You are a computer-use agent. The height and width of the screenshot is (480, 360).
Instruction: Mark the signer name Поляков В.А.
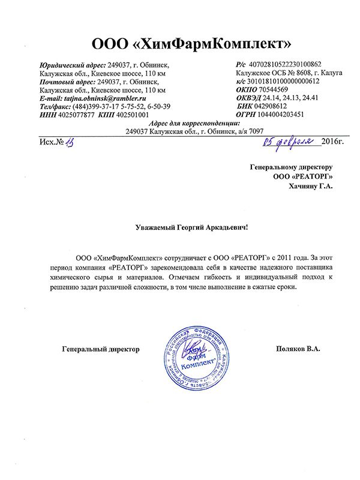pyautogui.click(x=297, y=349)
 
